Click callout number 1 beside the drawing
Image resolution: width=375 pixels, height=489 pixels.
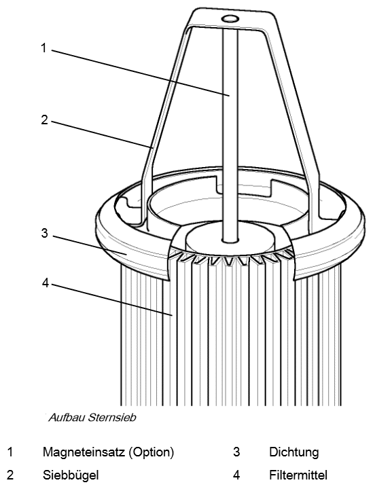click(43, 48)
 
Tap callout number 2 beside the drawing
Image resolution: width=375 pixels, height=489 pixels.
click(45, 120)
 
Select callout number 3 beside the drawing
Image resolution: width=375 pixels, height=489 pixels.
click(45, 233)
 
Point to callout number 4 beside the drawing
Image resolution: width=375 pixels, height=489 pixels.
click(46, 283)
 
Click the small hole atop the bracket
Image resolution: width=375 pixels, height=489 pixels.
click(230, 19)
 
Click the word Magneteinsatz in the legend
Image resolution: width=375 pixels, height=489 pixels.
click(84, 452)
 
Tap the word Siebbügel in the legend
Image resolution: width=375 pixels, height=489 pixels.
click(71, 475)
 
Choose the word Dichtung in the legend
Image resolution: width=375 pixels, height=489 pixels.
click(294, 452)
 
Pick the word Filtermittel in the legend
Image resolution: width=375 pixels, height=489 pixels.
click(298, 475)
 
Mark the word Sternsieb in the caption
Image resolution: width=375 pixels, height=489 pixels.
click(112, 418)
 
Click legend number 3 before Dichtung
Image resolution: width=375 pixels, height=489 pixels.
click(236, 452)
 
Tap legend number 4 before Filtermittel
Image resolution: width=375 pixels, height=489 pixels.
click(236, 475)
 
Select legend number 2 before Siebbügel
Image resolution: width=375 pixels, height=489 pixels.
click(10, 475)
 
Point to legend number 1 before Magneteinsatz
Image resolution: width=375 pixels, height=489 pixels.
click(10, 452)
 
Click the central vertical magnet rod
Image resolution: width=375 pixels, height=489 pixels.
click(230, 134)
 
